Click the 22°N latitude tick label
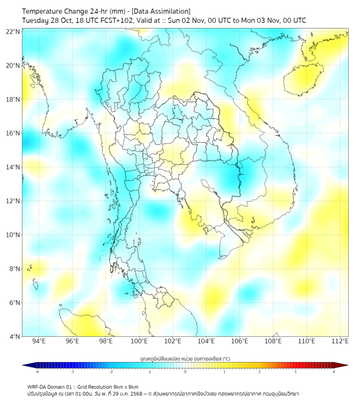(13, 31)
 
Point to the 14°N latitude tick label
(13, 167)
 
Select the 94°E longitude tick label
(39, 341)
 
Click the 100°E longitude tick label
(139, 341)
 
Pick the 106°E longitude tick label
(240, 341)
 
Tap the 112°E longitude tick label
(340, 341)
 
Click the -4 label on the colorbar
(36, 372)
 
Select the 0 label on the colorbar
(185, 372)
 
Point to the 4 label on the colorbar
(334, 372)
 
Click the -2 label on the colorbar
(110, 372)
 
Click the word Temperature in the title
(45, 11)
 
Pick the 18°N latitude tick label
(13, 99)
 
